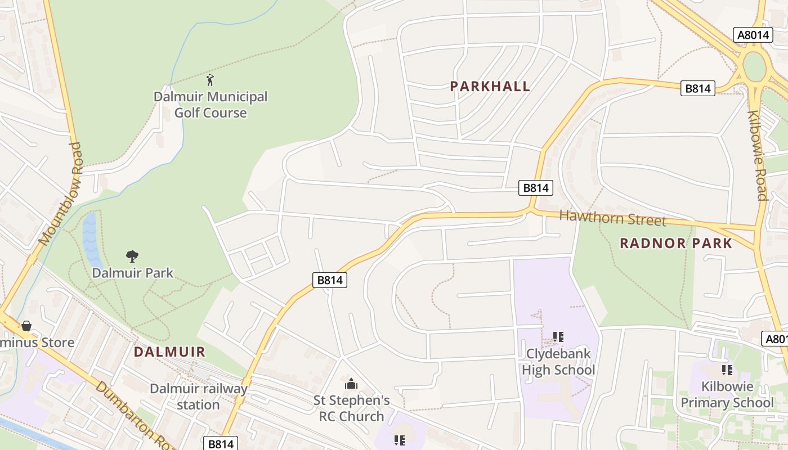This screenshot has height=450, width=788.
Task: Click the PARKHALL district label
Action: [x=490, y=86]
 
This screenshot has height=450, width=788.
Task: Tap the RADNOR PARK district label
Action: [x=675, y=243]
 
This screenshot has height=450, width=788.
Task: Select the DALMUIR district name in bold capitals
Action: [x=169, y=352]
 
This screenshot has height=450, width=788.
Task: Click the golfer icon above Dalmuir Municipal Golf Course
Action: [x=210, y=80]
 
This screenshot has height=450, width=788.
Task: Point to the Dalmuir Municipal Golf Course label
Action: [x=211, y=105]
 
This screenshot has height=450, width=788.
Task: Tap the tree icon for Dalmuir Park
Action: [x=132, y=257]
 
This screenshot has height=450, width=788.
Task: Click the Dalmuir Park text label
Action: [x=132, y=273]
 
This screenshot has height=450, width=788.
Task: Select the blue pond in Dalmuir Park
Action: [x=91, y=239]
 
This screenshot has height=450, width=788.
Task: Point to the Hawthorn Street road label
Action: [x=612, y=218]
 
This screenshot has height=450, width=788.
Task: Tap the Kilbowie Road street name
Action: [x=758, y=155]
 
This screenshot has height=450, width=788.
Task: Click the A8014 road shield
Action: [x=753, y=35]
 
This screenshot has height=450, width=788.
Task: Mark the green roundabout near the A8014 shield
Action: [x=754, y=66]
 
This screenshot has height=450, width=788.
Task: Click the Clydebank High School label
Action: [x=558, y=362]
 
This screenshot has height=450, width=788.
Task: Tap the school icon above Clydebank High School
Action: [x=558, y=337]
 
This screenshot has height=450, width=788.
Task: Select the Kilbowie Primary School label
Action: [x=727, y=395]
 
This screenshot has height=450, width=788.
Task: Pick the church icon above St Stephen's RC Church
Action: [x=351, y=384]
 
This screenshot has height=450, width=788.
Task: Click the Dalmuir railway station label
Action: [x=198, y=397]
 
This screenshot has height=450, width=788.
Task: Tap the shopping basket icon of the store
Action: [x=26, y=326]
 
